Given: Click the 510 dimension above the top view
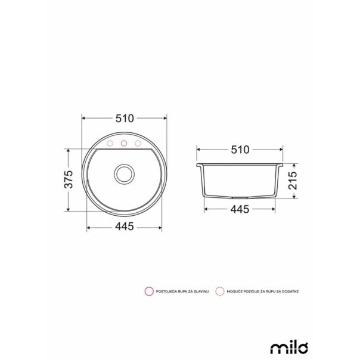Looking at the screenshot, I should point(125,118).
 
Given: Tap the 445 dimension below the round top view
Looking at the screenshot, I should point(125,226).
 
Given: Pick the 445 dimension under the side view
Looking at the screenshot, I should point(240,209).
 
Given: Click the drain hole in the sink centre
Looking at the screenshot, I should point(125,174).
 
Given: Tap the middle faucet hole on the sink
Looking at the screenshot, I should point(125,144).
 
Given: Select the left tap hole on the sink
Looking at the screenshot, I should point(110,144).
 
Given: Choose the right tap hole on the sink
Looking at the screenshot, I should point(139,144).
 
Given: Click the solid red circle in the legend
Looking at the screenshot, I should point(148,291).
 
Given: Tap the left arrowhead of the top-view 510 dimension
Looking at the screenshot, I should point(83,118).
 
